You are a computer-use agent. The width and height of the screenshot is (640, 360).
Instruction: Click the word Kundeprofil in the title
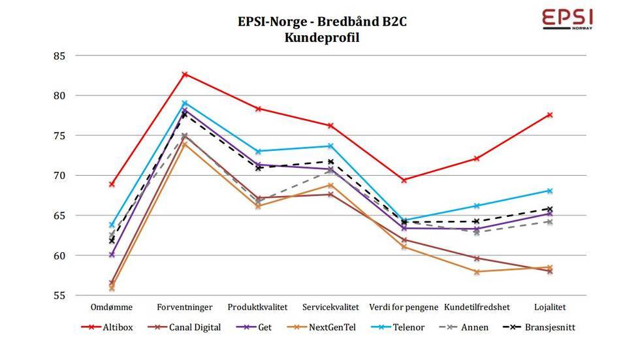(322, 37)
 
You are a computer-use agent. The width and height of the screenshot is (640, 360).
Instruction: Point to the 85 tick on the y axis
(60, 56)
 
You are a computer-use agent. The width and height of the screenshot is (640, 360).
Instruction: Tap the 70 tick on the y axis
(60, 175)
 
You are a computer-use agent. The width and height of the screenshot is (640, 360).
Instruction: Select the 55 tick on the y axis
(60, 295)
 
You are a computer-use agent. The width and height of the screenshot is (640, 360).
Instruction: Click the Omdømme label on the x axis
(112, 306)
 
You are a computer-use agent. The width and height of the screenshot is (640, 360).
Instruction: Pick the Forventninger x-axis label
(184, 306)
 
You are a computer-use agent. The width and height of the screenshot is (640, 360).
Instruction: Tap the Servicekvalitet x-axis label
(330, 306)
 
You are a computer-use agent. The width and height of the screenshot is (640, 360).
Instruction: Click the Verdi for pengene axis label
(404, 306)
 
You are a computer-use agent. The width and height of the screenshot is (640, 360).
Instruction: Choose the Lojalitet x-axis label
(550, 306)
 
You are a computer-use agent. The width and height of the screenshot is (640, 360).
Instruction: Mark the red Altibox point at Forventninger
(185, 74)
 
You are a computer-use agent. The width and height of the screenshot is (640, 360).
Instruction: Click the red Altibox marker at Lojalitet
(550, 115)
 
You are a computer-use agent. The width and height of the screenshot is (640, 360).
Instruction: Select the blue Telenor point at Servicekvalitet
(330, 146)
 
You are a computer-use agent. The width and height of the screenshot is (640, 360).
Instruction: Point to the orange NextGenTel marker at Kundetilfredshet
(477, 272)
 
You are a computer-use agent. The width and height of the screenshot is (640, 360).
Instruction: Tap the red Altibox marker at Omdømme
(112, 184)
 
